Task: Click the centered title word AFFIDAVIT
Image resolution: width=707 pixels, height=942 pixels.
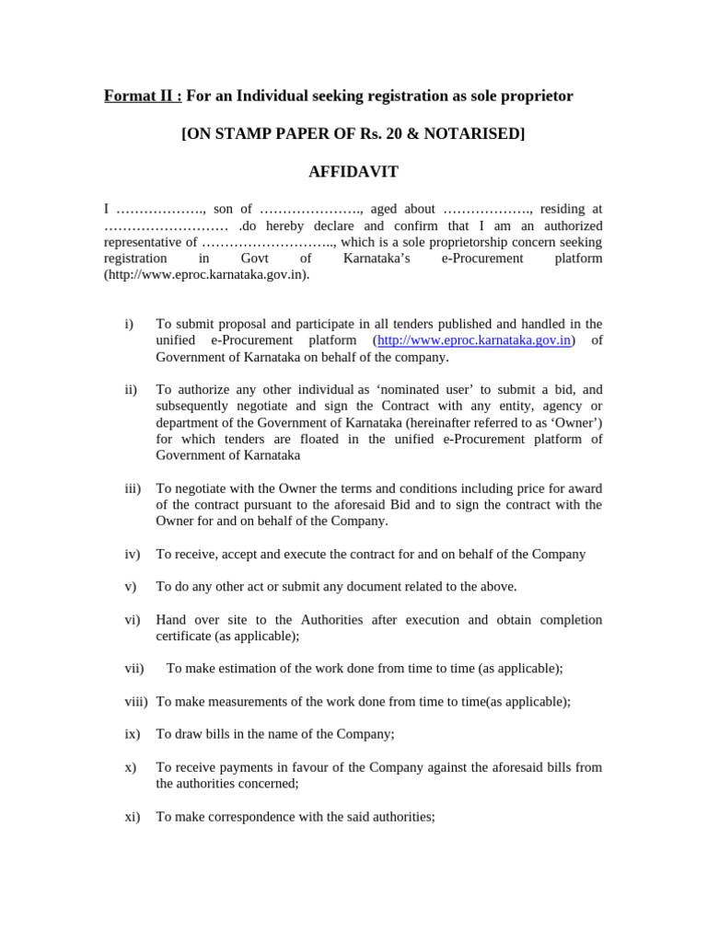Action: [x=353, y=171]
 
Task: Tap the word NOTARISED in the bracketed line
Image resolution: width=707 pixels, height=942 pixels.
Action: [x=473, y=133]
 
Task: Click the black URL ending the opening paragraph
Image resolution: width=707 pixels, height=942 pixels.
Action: [x=207, y=275]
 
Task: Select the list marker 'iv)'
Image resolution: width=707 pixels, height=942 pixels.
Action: [x=132, y=554]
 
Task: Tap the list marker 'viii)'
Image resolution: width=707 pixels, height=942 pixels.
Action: [x=136, y=701]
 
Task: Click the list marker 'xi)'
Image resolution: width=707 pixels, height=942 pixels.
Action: [x=132, y=816]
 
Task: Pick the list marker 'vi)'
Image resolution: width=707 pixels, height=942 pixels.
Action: [x=132, y=620]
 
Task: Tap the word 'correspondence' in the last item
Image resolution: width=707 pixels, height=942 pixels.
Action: [x=244, y=816]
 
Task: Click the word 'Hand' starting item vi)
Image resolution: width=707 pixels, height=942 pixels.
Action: [x=171, y=620]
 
